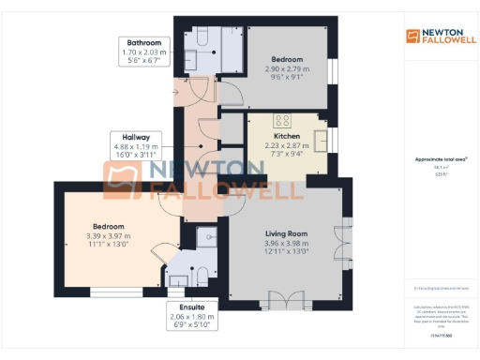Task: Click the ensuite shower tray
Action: tap(205, 238)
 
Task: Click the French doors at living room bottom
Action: tap(297, 302)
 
